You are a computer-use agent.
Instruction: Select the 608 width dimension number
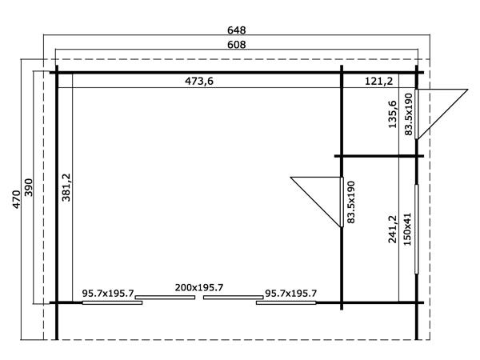click(235, 46)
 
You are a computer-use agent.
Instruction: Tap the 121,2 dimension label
click(378, 81)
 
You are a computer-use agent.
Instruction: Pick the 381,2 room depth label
click(66, 189)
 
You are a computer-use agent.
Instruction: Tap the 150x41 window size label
click(408, 228)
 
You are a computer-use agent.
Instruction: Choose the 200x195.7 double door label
click(199, 288)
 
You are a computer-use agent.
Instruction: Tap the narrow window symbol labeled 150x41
click(416, 229)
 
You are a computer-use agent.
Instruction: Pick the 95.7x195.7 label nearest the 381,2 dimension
click(108, 294)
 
